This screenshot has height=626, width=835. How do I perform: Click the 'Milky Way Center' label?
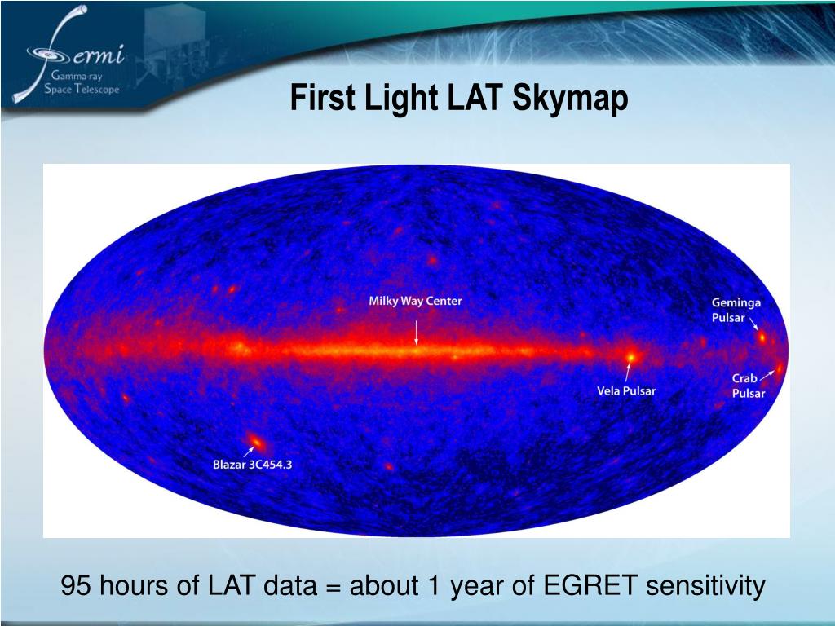click(x=415, y=301)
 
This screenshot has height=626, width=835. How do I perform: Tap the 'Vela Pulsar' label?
click(x=626, y=390)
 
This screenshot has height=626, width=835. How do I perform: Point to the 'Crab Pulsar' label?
click(x=749, y=386)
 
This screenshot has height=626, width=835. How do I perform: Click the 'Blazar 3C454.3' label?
click(x=253, y=464)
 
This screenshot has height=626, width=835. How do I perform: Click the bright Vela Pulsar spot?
click(x=631, y=356)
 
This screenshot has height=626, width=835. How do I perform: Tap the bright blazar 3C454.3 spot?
click(x=256, y=441)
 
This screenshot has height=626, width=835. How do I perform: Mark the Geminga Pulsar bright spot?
click(x=762, y=337)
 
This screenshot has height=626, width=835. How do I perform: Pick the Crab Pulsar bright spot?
click(x=779, y=368)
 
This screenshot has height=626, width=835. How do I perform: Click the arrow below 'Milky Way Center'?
click(x=417, y=333)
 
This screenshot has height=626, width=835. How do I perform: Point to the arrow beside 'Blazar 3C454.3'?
click(x=249, y=452)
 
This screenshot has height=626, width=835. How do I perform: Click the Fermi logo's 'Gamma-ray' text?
click(x=77, y=76)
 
